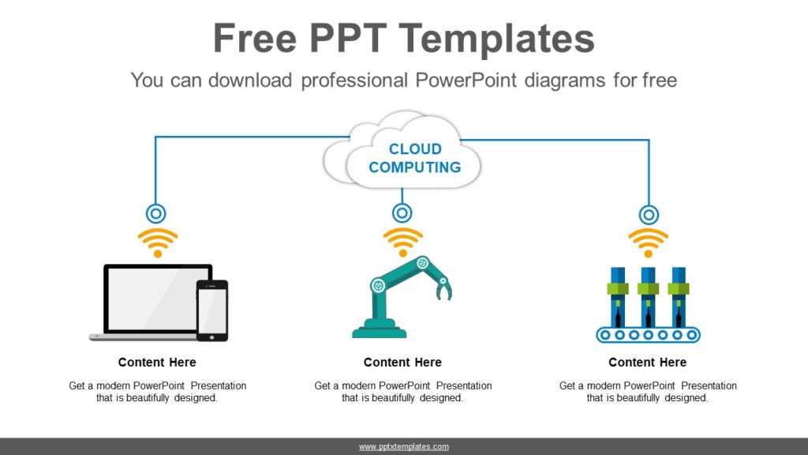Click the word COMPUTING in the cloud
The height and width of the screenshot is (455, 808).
point(414,167)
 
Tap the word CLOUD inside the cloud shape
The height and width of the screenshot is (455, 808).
point(415,149)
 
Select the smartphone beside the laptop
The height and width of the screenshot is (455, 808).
point(212,310)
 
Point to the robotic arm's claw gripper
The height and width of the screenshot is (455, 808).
point(443,288)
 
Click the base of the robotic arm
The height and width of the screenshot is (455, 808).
point(380,330)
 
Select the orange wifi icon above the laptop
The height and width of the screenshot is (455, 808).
point(157,242)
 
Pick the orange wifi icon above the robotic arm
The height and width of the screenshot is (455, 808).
point(402,242)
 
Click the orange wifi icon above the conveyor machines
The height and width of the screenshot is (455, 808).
point(648,242)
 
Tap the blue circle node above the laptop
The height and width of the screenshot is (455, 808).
point(156,213)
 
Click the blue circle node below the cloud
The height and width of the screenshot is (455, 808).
point(402,213)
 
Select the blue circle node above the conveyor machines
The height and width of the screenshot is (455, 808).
point(649,214)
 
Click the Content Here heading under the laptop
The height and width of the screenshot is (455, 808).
point(157,363)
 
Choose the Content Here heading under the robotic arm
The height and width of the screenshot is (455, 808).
point(402,363)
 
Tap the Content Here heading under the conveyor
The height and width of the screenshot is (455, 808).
point(648,363)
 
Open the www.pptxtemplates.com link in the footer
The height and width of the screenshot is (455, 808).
point(404,447)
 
